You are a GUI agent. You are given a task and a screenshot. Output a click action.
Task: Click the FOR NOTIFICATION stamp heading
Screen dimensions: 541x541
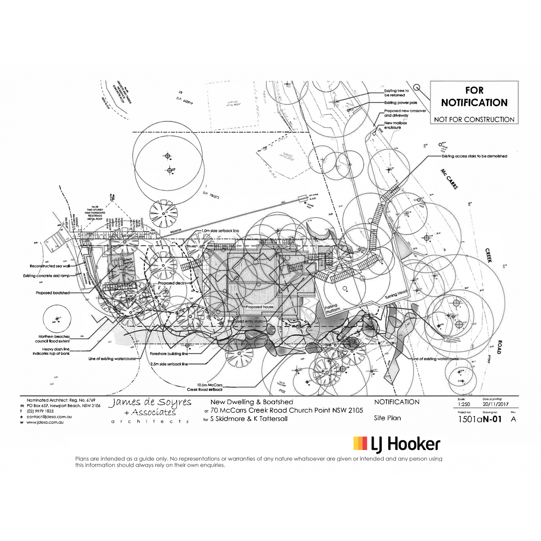click(x=474, y=96)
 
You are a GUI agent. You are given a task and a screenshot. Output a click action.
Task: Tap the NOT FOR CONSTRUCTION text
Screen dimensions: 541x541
click(x=474, y=119)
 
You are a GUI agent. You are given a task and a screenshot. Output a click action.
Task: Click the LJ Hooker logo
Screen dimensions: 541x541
click(x=396, y=444)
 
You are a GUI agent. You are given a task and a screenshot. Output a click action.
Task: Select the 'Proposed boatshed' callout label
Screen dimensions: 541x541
click(x=53, y=293)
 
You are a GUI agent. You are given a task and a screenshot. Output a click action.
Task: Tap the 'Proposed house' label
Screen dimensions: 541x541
click(x=259, y=307)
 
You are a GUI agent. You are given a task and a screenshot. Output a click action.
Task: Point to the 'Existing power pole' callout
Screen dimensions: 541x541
click(x=400, y=103)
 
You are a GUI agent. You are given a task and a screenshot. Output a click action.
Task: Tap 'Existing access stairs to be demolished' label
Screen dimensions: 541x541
click(x=474, y=156)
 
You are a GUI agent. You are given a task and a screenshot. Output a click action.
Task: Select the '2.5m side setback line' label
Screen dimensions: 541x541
click(x=169, y=363)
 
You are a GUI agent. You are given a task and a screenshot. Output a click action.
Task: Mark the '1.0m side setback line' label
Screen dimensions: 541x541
click(x=220, y=231)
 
